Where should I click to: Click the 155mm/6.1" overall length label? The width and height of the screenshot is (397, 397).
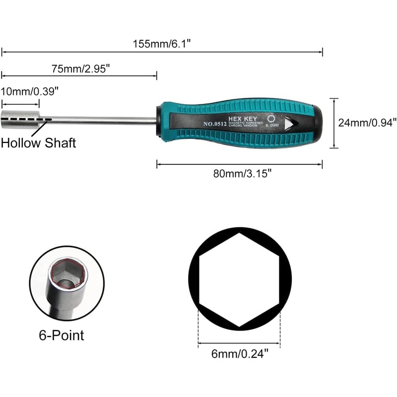pos(162,44)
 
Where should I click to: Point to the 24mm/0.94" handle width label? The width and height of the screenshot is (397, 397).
pos(368,122)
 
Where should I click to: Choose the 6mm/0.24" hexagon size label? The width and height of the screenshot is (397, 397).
pos(239,353)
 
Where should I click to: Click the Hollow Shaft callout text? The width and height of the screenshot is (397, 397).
pos(38,143)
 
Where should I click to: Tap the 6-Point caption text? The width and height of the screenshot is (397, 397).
pos(62,335)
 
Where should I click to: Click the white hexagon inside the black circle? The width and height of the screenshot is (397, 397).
pos(240,280)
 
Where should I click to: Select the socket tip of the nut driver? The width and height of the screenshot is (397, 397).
pos(20,119)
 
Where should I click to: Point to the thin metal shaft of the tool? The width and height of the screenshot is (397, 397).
pos(99,121)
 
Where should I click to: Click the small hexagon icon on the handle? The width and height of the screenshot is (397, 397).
pos(271,119)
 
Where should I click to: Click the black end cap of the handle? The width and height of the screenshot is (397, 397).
pos(316,121)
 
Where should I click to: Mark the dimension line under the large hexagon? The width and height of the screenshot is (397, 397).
pos(239,342)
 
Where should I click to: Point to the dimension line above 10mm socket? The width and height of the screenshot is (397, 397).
pos(20,104)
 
